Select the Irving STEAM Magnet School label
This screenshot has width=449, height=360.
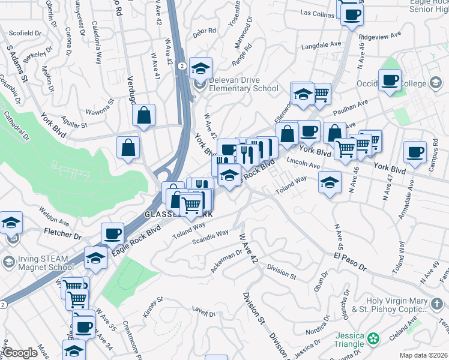tap(42, 263)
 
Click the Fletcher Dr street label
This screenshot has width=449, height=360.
tap(62, 232)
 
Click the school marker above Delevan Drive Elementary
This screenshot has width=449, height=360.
tap(200, 67)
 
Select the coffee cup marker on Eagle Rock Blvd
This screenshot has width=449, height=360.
tap(112, 233)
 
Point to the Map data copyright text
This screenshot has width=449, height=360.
tap(423, 355)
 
